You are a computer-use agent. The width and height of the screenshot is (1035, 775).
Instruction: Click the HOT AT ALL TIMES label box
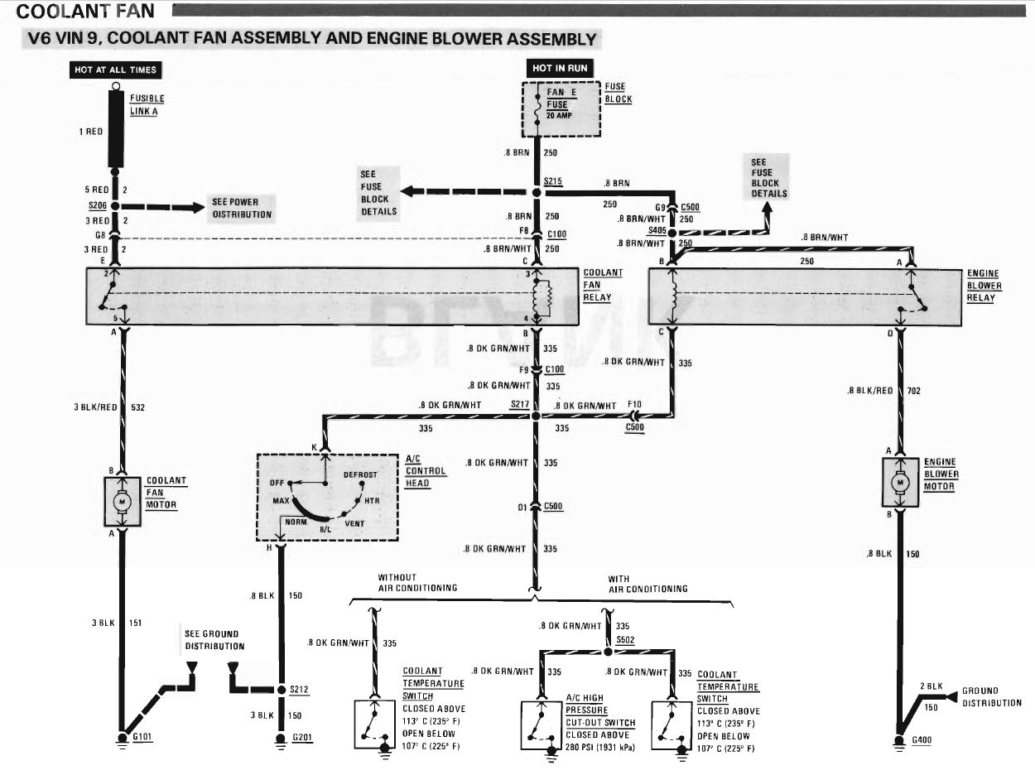click(x=116, y=70)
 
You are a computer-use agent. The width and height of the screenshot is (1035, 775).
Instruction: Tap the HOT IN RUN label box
click(x=560, y=68)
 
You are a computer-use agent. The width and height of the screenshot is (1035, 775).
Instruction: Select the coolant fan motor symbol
click(x=123, y=502)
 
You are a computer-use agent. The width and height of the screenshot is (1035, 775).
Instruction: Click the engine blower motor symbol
click(x=900, y=482)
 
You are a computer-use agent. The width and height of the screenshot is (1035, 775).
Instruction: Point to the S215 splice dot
click(x=537, y=192)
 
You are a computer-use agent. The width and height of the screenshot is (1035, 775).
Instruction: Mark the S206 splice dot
click(x=115, y=206)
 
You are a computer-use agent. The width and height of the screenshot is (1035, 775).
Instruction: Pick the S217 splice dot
click(x=536, y=416)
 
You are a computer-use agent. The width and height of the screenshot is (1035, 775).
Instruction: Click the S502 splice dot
click(x=608, y=652)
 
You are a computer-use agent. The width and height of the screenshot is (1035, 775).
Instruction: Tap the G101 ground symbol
click(x=123, y=739)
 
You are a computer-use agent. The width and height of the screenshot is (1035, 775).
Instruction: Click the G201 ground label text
click(x=302, y=738)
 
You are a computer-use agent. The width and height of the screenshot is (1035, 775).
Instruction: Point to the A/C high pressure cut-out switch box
click(x=542, y=725)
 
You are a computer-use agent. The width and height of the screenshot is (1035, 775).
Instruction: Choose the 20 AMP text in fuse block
click(x=559, y=115)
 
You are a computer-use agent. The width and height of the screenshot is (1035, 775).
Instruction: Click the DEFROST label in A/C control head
click(x=360, y=474)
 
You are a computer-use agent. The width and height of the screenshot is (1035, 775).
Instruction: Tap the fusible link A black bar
click(x=116, y=128)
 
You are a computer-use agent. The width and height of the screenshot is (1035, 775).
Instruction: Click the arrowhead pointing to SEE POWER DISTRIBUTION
click(x=197, y=207)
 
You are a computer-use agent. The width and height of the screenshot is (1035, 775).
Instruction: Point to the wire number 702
click(x=913, y=391)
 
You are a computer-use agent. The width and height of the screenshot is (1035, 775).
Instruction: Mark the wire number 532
click(x=137, y=407)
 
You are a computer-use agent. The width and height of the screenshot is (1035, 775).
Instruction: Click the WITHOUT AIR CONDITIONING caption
click(x=417, y=583)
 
